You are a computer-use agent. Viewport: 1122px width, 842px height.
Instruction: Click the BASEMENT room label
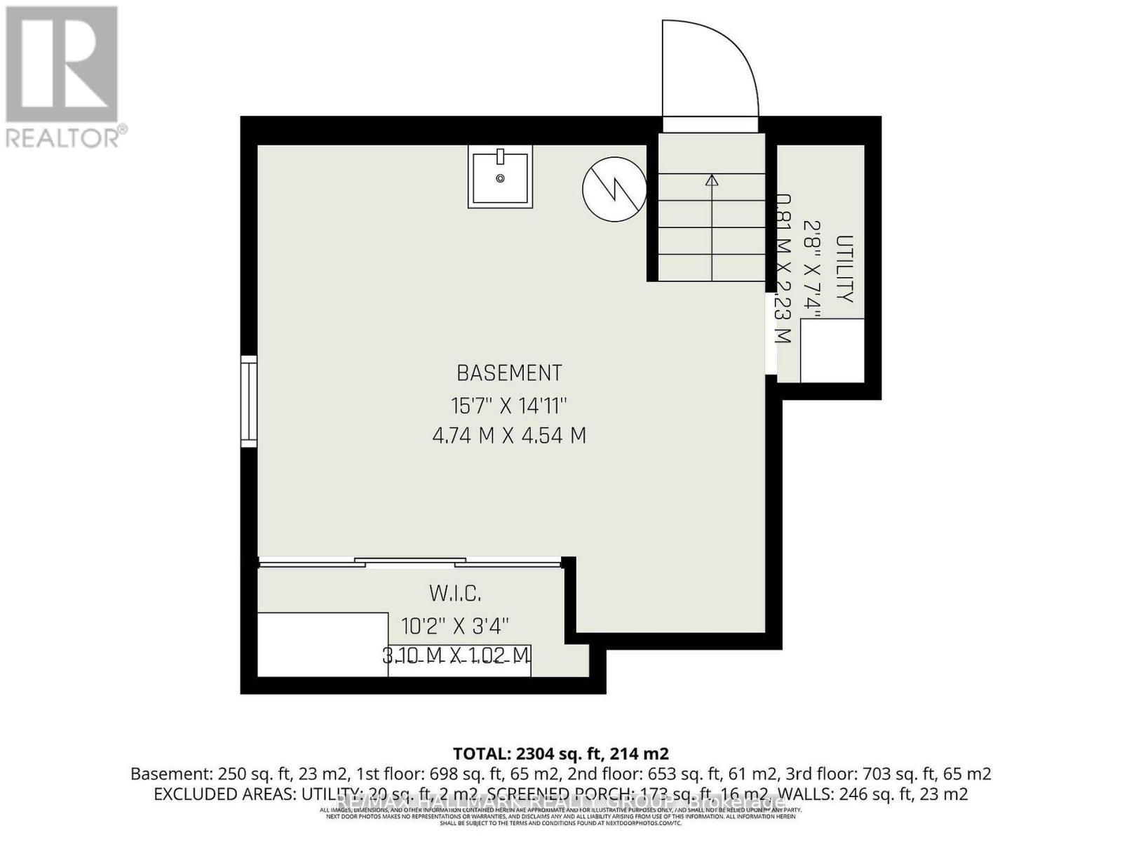pos(509,372)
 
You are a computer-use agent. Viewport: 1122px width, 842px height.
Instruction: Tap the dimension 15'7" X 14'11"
pos(509,405)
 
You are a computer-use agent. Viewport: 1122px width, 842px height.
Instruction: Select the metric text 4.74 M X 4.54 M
pos(509,436)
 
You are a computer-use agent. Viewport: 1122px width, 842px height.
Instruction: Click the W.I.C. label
pos(455,594)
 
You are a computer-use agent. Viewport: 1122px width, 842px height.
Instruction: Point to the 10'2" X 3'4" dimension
pos(455,624)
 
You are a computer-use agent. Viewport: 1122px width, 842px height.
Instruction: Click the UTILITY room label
pos(844,269)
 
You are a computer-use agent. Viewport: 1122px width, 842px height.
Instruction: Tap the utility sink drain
pos(500,179)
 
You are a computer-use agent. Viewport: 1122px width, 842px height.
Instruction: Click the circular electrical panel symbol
pos(614,189)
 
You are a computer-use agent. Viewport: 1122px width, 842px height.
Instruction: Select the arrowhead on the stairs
pos(712,180)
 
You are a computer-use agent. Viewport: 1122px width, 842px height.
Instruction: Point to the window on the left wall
pos(249,401)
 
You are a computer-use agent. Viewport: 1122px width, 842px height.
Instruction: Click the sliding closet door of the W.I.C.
pos(410,562)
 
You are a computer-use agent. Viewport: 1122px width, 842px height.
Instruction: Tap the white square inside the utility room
pos(832,351)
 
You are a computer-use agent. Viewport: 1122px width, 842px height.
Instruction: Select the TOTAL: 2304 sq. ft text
pos(561,754)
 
